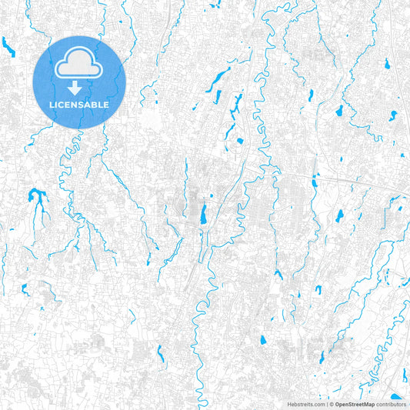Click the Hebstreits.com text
click(305, 403)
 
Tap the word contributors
click(392, 403)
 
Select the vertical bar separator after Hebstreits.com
click(326, 403)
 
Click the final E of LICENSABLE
click(107, 104)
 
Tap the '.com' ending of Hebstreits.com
click(318, 403)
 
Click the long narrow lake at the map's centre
click(203, 213)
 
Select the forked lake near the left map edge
click(35, 198)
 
